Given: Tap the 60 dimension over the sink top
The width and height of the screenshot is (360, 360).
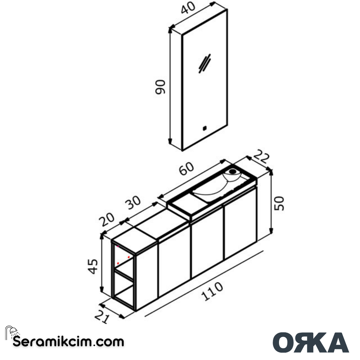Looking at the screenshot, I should coord(186,169).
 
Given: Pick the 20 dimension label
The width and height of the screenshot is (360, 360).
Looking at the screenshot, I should coord(107,219).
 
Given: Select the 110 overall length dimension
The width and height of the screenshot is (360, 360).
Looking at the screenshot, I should coord(212,291).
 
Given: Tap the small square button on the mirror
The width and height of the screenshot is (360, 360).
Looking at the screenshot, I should coord(205,127).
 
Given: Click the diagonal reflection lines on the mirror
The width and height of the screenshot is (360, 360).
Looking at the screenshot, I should coord(204,63).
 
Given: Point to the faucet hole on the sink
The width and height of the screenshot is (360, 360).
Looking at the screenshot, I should coord(233,172).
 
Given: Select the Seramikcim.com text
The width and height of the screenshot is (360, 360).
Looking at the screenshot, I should coord(68,342).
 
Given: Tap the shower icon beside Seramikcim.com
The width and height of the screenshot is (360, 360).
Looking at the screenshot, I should coord(12,332).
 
